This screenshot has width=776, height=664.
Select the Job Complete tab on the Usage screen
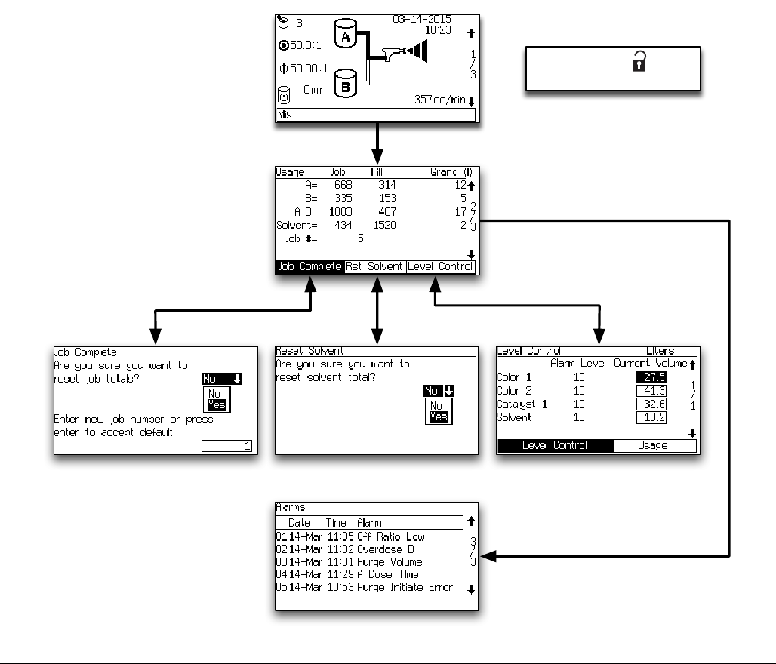[309, 266]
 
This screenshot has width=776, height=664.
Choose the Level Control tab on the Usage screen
[441, 266]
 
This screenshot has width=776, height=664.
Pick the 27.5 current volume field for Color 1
[650, 377]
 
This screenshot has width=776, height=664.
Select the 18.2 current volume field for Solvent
[650, 417]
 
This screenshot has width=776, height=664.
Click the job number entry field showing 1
[229, 447]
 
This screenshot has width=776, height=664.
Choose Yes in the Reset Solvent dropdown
[439, 417]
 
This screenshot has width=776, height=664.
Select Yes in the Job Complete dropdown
[216, 405]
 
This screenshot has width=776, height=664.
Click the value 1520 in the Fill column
[385, 225]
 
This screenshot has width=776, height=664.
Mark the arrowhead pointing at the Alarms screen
[487, 557]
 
